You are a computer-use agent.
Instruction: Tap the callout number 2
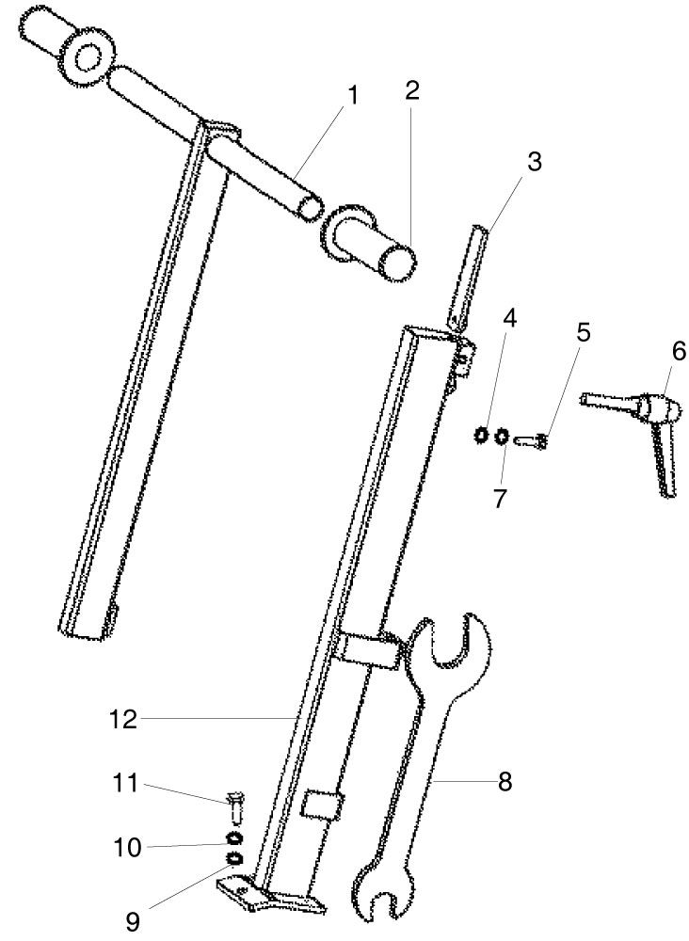click(x=411, y=89)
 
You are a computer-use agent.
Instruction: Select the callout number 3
click(x=534, y=162)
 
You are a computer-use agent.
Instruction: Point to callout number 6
click(x=679, y=351)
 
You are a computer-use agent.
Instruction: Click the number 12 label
click(x=123, y=719)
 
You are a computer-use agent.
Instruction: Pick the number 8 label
click(x=505, y=781)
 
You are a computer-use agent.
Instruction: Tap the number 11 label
click(x=126, y=783)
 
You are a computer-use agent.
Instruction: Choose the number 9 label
click(x=133, y=921)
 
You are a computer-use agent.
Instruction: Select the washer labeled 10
click(x=234, y=837)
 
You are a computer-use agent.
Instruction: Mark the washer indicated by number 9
click(x=234, y=859)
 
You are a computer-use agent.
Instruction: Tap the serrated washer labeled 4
click(x=481, y=435)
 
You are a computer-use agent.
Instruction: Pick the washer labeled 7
click(x=502, y=437)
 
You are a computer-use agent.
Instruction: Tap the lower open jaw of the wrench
click(x=382, y=899)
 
